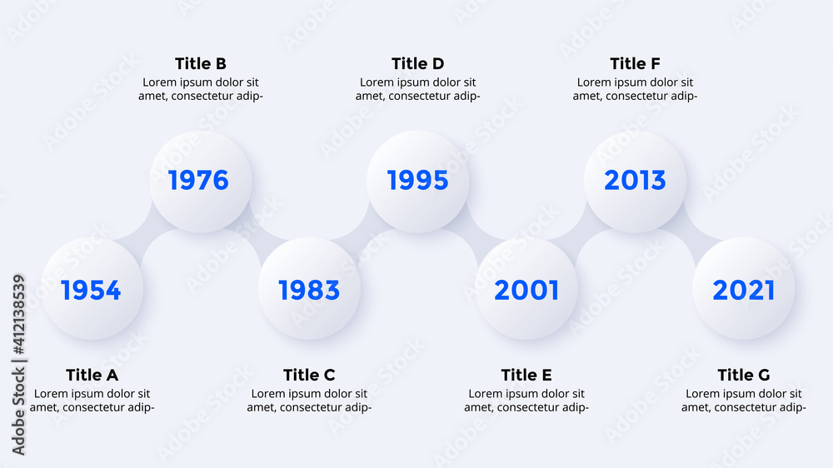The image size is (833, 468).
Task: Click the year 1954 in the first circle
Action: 91,290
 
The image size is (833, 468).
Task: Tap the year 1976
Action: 199,180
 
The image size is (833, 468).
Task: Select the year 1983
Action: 309,290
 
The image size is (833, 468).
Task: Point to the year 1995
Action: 417,180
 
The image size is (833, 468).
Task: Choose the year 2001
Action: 526,290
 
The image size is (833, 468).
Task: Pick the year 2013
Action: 635,180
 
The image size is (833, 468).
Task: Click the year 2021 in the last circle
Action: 744,290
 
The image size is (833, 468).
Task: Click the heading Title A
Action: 92,375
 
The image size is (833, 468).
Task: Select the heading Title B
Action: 201,64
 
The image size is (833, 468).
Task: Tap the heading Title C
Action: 309,375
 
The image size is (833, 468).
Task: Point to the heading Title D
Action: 417,64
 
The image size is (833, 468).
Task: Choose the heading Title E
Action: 526,375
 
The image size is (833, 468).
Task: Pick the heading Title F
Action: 635,64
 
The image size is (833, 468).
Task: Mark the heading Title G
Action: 744,375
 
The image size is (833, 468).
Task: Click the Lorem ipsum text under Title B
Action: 201,89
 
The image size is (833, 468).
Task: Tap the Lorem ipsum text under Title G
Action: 744,401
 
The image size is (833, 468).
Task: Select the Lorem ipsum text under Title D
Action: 417,89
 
